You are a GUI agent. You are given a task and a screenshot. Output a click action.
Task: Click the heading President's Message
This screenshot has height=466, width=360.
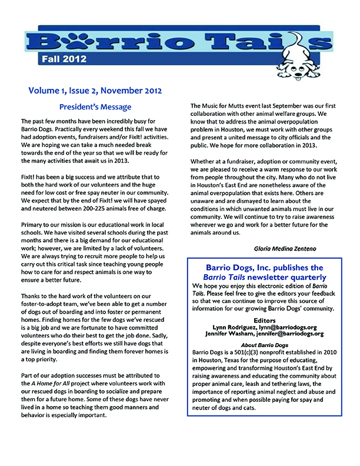pos(95,107)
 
